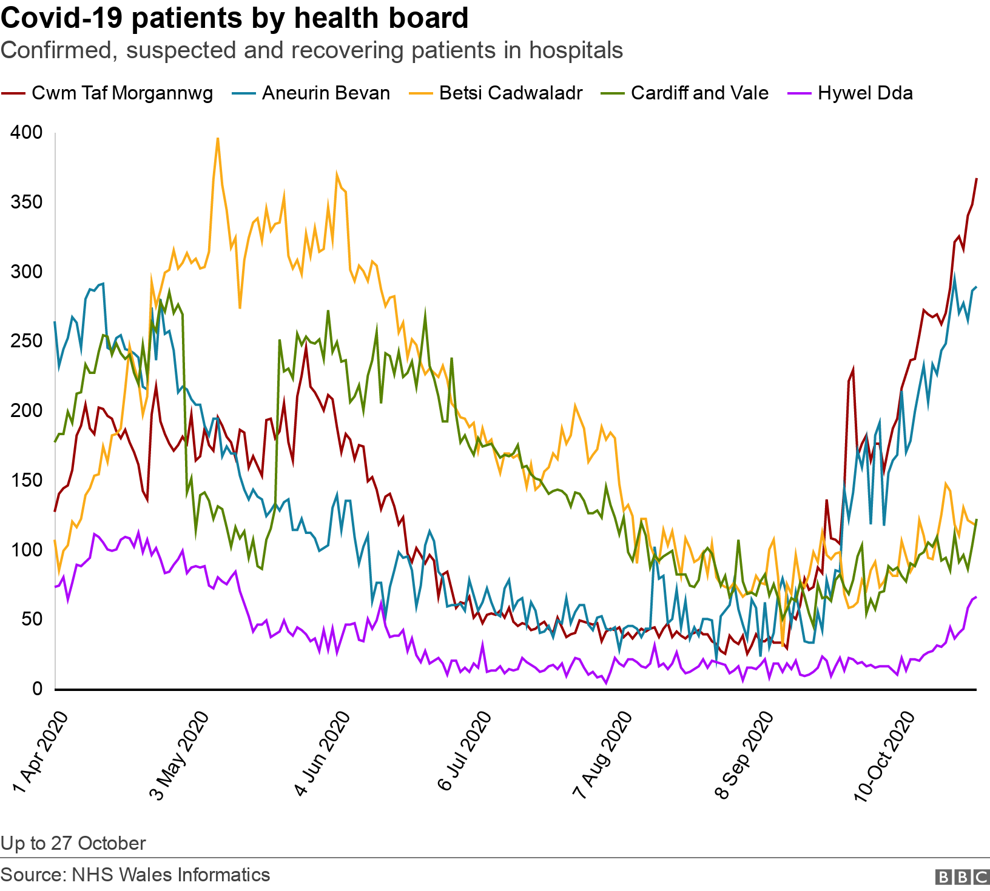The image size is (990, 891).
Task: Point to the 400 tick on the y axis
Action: (x=27, y=133)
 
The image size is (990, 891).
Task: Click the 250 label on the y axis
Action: (x=27, y=341)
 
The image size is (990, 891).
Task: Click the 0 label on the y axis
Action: (x=38, y=689)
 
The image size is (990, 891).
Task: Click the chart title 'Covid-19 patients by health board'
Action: (x=235, y=18)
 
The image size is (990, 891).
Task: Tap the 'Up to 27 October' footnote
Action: (x=73, y=843)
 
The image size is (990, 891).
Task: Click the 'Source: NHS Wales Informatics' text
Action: (x=135, y=875)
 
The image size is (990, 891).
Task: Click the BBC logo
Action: (x=962, y=876)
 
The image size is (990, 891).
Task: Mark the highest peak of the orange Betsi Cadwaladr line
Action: (x=218, y=138)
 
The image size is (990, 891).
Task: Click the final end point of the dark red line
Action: (x=976, y=178)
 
